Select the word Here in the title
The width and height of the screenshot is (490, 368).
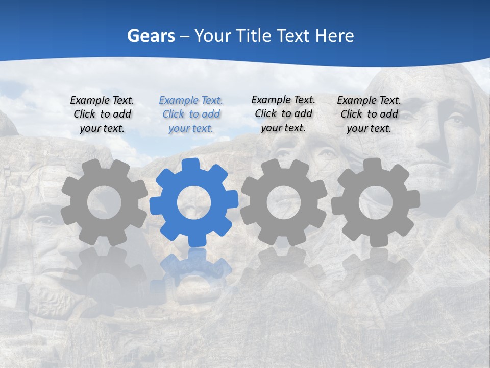click(x=334, y=36)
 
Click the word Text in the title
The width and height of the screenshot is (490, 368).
click(x=292, y=36)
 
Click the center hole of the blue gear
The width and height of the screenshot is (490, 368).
click(x=194, y=202)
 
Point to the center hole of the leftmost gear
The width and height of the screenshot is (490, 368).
click(x=104, y=202)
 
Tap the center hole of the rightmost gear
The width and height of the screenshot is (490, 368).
click(x=375, y=202)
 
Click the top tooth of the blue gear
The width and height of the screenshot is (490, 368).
click(x=190, y=165)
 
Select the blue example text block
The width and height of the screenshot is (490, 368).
click(x=191, y=114)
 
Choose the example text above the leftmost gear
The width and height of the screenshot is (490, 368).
click(x=102, y=114)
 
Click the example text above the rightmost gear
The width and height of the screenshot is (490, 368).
click(x=369, y=114)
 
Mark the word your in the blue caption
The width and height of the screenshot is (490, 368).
click(x=179, y=128)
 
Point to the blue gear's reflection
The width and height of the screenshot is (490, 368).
click(x=194, y=266)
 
